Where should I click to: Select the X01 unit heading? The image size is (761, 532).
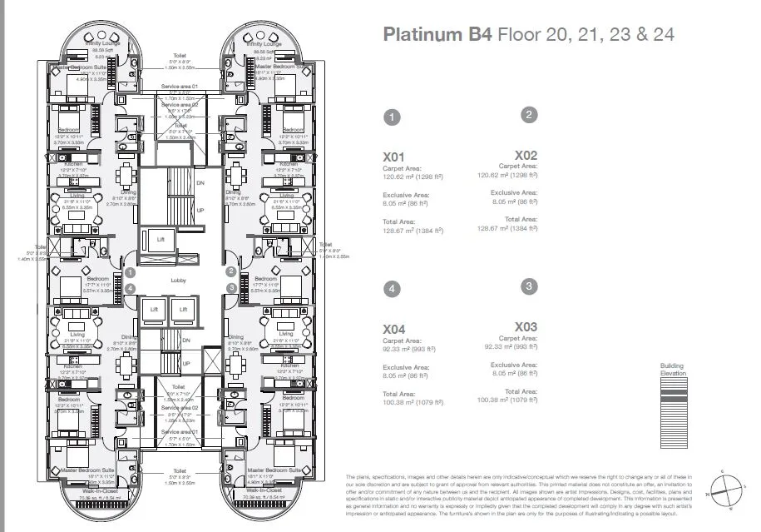click(x=393, y=156)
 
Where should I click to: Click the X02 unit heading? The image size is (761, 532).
click(x=526, y=155)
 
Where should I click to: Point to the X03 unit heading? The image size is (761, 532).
click(x=526, y=326)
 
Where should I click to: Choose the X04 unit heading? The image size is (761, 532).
click(x=393, y=330)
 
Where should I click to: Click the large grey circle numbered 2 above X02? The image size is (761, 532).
click(x=528, y=115)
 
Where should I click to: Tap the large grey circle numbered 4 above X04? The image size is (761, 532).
click(x=392, y=289)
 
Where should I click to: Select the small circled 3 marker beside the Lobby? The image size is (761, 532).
click(x=231, y=288)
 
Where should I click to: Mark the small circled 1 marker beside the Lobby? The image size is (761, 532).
click(x=130, y=271)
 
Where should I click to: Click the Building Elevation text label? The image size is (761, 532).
click(x=672, y=370)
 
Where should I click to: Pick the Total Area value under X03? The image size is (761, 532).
click(x=509, y=400)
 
